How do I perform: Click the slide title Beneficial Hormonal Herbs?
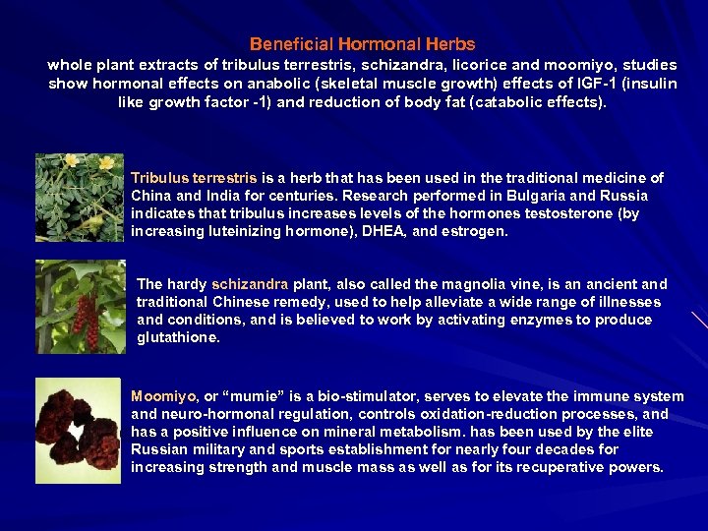362,44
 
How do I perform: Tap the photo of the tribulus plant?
80,198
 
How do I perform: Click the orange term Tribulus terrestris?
194,178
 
